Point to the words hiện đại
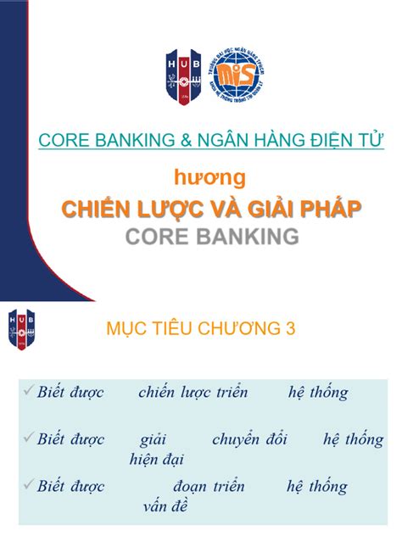click(158, 460)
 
